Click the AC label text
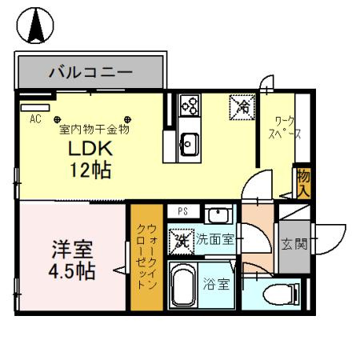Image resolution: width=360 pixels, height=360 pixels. tap(35, 118)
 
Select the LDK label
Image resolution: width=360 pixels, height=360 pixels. tap(89, 150)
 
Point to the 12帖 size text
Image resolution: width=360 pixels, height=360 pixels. tap(89, 170)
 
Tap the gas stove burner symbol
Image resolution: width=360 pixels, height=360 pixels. tap(190, 105)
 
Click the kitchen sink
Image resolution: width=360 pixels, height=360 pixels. tap(190, 145)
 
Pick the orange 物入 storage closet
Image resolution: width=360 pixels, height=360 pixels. tap(303, 184)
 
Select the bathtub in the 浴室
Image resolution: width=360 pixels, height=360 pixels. tap(185, 285)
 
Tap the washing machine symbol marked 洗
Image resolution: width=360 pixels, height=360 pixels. tap(182, 238)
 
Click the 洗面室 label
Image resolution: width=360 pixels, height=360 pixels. tap(215, 238)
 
